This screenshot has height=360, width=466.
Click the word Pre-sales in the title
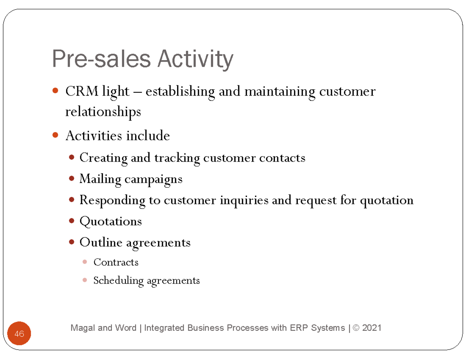coord(101,59)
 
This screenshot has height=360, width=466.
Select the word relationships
coord(103,112)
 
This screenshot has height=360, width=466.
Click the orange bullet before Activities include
coord(55,136)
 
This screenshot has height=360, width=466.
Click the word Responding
coord(112,200)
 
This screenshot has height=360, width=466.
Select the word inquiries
coord(244,200)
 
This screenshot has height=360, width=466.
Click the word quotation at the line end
coord(387,200)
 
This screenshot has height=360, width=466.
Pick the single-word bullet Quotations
coord(111,221)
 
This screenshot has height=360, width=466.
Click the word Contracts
coord(116,262)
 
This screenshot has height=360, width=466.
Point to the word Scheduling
coord(118,280)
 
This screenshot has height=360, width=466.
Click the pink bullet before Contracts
coord(85,262)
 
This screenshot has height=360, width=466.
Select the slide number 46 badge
coord(19,334)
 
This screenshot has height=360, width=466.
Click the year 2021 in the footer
coord(371,328)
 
